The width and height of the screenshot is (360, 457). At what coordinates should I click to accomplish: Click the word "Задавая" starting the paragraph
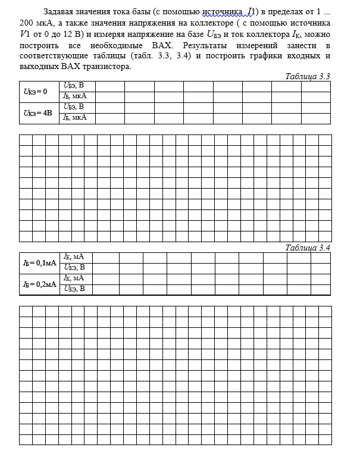point(59,12)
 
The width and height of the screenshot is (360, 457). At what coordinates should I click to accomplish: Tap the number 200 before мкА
point(27,23)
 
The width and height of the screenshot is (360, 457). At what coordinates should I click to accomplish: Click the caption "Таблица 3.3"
point(308,77)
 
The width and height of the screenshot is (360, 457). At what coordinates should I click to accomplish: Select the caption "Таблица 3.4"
point(308,248)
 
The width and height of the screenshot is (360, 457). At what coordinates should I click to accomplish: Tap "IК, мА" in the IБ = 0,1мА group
point(74,257)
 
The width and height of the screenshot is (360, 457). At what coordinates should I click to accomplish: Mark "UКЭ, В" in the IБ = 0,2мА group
point(74,289)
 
